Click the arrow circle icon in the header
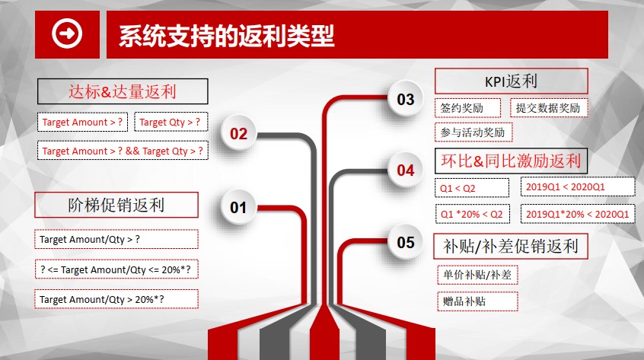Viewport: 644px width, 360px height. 67,33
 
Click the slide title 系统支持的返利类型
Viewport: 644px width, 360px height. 227,36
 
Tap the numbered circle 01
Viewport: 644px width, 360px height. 238,207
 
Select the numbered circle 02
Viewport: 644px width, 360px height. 238,133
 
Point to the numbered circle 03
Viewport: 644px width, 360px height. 406,99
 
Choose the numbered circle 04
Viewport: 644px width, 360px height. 406,170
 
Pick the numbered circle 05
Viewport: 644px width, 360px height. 406,242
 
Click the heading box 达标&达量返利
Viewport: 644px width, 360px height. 123,91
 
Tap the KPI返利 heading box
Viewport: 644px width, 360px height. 512,81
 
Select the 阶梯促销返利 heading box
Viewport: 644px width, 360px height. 116,205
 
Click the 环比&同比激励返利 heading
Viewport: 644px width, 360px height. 512,161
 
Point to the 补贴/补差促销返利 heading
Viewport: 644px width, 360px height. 511,247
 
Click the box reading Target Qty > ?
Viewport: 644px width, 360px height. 171,122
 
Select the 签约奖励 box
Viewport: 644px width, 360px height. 468,108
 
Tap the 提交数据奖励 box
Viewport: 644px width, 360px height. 549,108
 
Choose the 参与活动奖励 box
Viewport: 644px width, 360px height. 473,132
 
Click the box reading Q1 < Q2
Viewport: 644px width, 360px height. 472,188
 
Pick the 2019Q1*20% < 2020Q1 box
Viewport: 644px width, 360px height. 578,214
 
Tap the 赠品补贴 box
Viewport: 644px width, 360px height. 477,301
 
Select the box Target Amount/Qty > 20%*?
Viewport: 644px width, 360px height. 116,299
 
